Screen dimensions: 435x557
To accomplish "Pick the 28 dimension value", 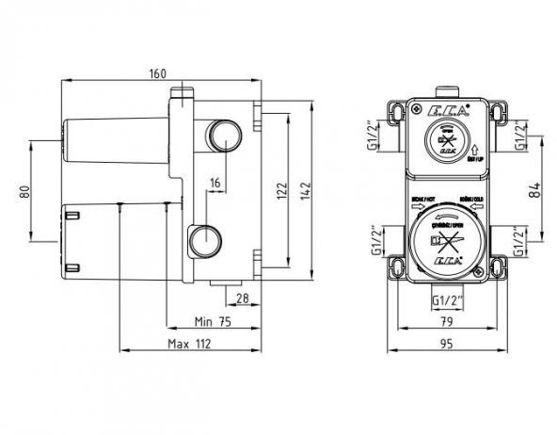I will tap(242, 298).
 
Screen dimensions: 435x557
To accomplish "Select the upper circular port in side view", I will tap(224, 136).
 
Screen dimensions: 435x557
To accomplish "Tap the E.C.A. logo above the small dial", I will tap(444, 115).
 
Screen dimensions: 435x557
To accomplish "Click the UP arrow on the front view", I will tap(479, 148).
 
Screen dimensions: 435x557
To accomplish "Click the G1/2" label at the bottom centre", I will tap(448, 298).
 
